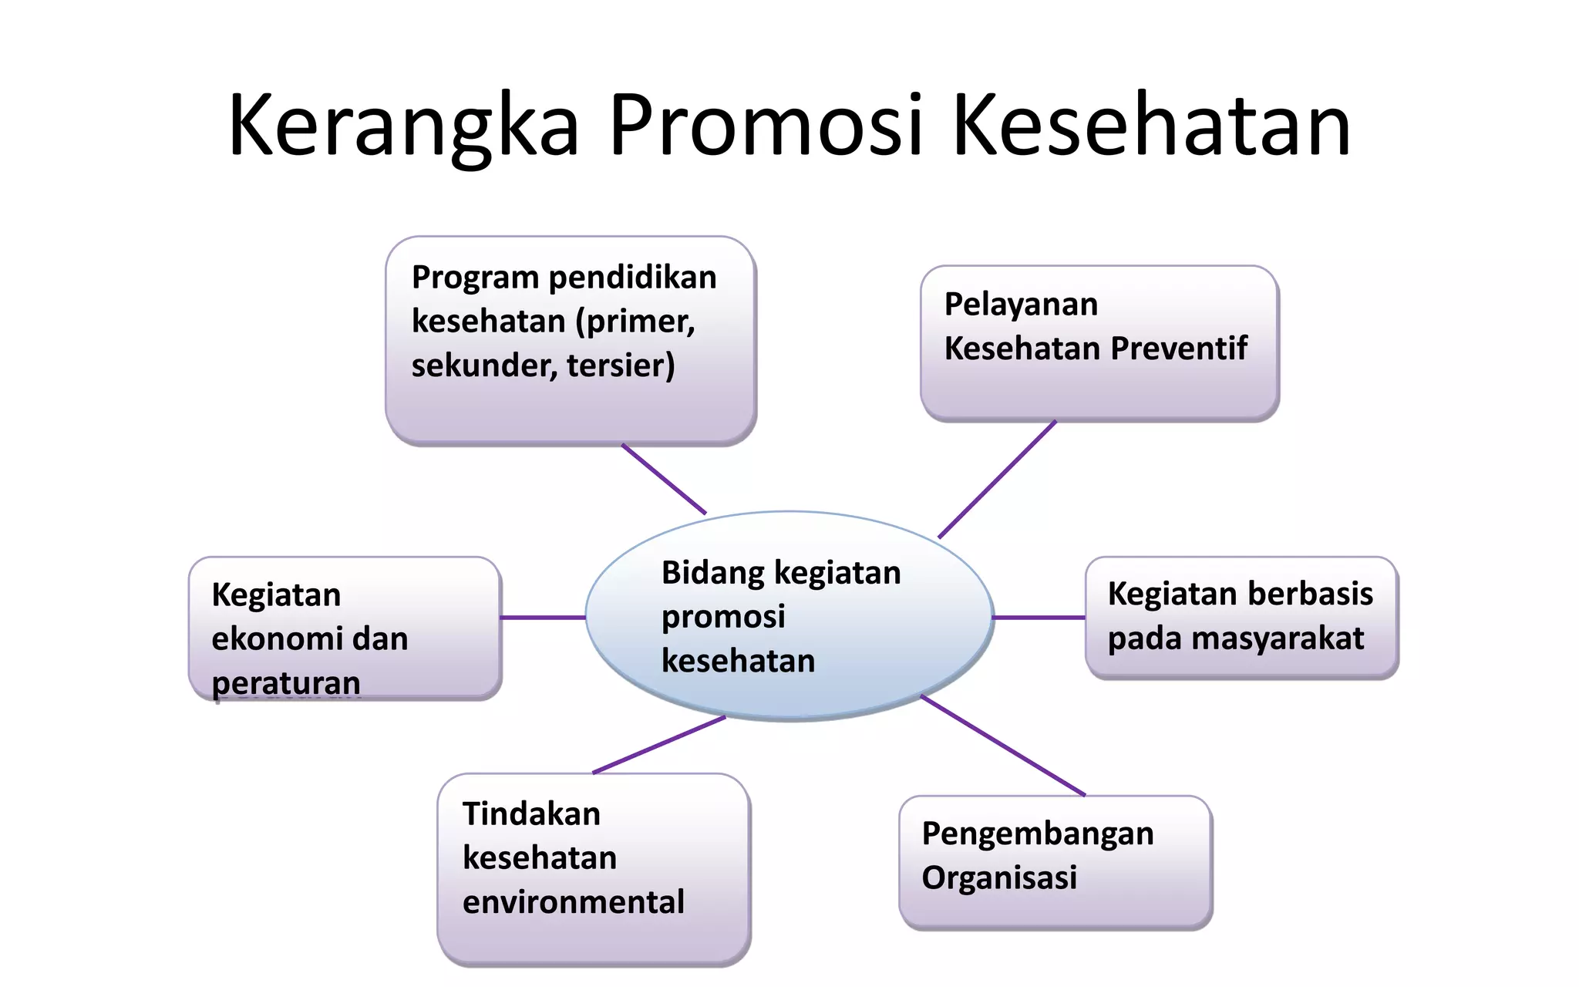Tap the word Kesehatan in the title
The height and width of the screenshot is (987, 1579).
(x=1151, y=125)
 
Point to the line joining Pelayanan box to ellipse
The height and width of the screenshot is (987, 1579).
(x=997, y=480)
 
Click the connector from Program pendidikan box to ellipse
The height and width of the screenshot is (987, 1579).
(x=664, y=479)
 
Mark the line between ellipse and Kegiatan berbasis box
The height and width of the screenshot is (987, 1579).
(x=1039, y=617)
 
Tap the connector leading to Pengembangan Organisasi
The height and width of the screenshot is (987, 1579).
(x=1002, y=746)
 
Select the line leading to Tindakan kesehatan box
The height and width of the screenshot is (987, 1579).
(x=659, y=745)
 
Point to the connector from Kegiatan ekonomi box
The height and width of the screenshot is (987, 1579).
(x=543, y=617)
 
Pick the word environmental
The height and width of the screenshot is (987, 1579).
(x=573, y=901)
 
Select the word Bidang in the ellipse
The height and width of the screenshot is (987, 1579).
(x=712, y=573)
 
